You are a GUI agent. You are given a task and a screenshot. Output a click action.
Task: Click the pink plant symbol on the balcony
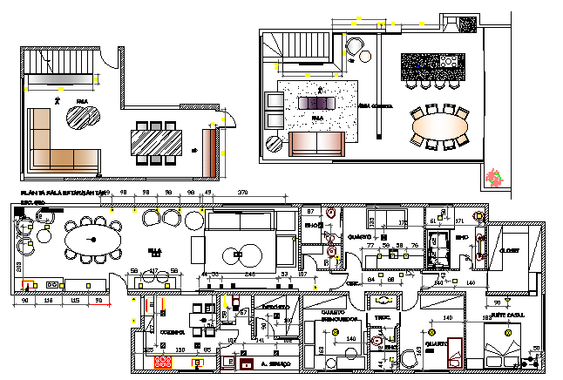point(494,178)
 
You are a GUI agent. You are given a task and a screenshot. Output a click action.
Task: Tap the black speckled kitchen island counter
point(429,66)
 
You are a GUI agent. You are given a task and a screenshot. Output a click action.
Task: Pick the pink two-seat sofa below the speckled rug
point(315,143)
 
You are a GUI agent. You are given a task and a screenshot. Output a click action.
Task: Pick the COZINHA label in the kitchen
point(171,332)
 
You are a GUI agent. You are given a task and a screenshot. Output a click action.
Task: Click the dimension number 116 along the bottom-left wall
point(49,301)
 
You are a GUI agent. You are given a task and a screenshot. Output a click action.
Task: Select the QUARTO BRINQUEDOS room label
point(324,316)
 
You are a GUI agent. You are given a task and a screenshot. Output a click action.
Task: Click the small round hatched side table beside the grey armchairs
point(86,118)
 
